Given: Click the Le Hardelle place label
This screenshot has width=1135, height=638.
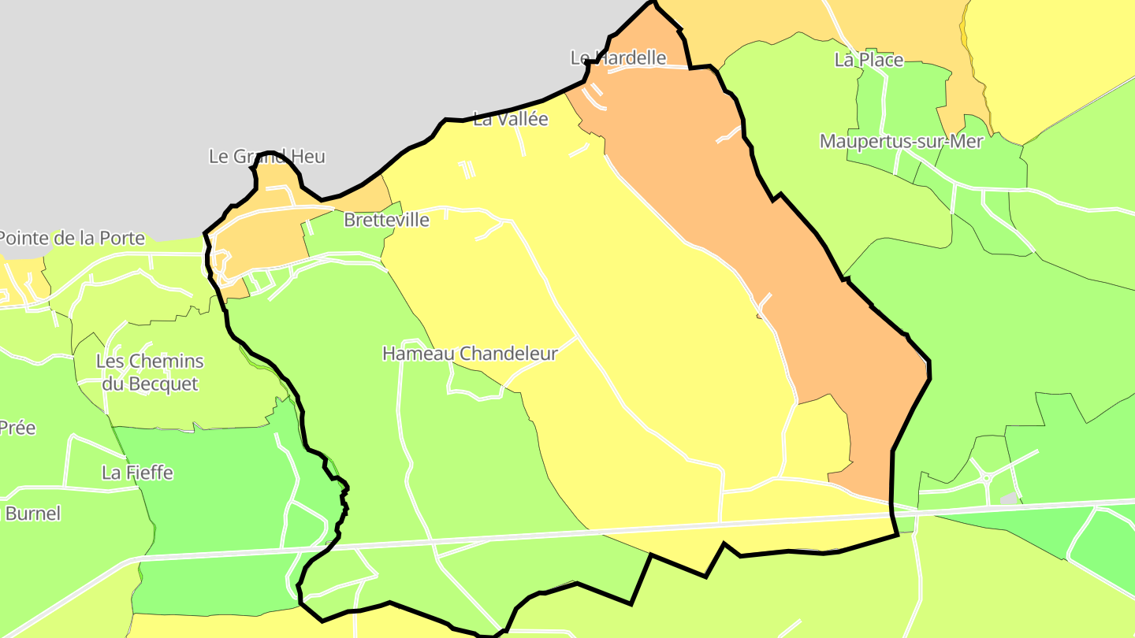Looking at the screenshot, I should click(618, 57).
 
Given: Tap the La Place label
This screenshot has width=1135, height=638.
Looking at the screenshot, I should click(869, 60).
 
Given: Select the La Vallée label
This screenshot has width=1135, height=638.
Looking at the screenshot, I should click(510, 119).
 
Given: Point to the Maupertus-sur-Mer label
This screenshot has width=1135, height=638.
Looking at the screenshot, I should click(901, 142).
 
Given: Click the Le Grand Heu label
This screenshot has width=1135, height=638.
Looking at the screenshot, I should click(266, 156).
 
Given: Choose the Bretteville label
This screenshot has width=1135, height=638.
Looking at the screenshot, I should click(386, 220).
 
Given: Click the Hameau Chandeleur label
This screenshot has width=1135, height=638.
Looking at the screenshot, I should click(470, 354).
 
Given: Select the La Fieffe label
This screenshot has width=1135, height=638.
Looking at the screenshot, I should click(137, 473).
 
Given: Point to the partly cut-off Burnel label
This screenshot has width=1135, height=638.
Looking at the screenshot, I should click(32, 514).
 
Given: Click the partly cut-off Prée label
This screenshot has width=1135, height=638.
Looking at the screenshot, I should click(17, 428).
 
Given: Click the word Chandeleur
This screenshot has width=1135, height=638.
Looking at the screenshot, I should click(508, 354).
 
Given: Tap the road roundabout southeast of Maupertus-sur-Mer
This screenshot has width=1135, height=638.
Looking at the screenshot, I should click(985, 477).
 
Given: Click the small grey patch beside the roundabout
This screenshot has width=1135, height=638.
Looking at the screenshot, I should click(1008, 499).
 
